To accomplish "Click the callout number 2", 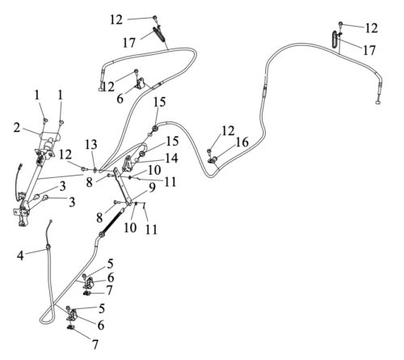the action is [17, 128].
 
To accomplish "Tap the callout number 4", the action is [20, 255].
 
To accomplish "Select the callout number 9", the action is [152, 188].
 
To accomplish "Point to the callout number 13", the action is [91, 145].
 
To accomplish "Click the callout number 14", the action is [171, 159].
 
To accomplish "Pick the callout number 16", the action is [242, 142].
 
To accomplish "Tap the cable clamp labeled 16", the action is [213, 160].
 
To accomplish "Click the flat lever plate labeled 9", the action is [123, 187].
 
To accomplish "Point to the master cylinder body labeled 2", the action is [49, 141].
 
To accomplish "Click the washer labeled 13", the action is [95, 170].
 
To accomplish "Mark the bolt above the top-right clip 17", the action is [340, 23].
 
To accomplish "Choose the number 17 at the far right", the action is [369, 50].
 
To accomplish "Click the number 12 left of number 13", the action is [65, 155].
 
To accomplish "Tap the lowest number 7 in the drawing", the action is [95, 344].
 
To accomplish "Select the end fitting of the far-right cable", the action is [378, 102].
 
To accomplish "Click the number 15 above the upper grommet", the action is [159, 102].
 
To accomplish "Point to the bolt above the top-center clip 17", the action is [155, 18].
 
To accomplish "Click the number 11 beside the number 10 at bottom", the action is [151, 230].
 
